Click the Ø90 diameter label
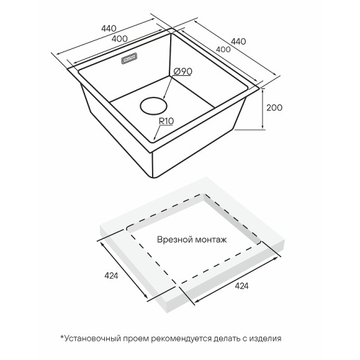click(182, 71)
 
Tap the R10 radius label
click(166, 121)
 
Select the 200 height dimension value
click(274, 107)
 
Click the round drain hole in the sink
click(154, 106)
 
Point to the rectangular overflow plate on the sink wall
click(129, 58)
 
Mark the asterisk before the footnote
click(62, 337)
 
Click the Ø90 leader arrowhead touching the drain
click(163, 97)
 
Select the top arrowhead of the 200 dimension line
click(263, 90)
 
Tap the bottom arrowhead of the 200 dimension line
click(263, 127)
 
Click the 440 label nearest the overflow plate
click(109, 29)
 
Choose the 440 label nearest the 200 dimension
click(238, 42)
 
